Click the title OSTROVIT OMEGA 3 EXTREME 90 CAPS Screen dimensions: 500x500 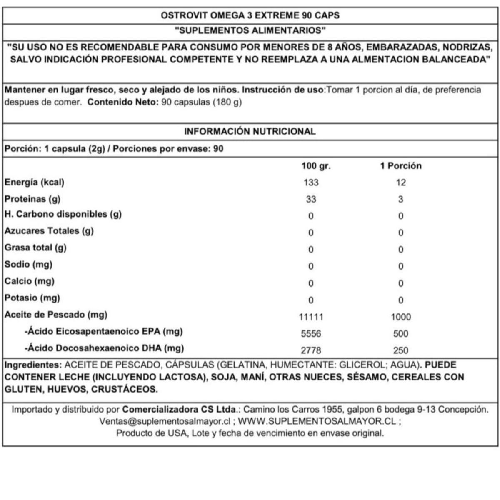tap(250, 15)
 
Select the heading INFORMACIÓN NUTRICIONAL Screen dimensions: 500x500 tap(250, 131)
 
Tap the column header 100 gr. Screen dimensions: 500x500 tap(316, 166)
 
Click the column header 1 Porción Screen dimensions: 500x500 tap(401, 166)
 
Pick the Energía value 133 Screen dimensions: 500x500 tap(311, 182)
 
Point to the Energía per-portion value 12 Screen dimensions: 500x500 tap(401, 182)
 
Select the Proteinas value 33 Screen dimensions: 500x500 tap(311, 199)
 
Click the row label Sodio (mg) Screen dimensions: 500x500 tap(28, 265)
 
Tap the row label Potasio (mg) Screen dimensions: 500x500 tap(32, 298)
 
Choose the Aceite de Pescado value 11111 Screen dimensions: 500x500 tap(311, 317)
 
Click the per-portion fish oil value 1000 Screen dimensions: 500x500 tap(401, 317)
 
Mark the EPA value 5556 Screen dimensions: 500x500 tap(311, 334)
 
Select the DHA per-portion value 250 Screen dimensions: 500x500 tap(401, 350)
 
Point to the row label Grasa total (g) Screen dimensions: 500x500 tap(35, 248)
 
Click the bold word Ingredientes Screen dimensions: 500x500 tap(32, 365)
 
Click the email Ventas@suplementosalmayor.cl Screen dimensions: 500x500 tap(165, 421)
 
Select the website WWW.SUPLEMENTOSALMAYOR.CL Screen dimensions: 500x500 tap(317, 421)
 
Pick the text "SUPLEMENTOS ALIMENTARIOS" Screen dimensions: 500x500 tap(250, 30)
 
